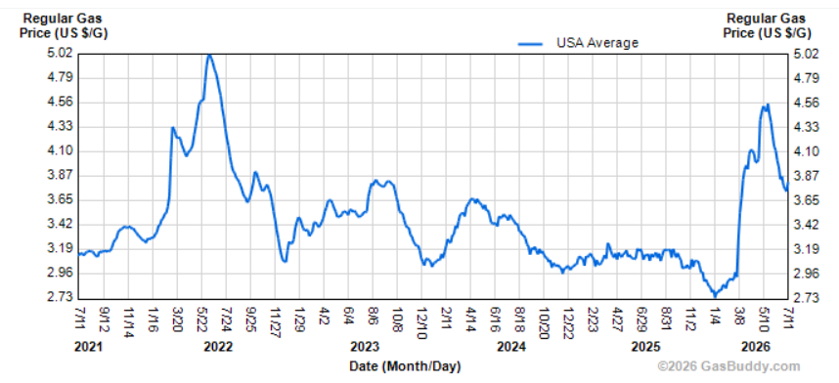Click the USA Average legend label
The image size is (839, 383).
[x=597, y=43]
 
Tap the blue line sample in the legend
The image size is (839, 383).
[x=530, y=44]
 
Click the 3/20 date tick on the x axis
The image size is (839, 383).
[x=177, y=317]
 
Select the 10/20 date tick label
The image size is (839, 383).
[x=543, y=319]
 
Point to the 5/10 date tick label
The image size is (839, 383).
[x=763, y=317]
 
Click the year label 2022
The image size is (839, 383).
[x=218, y=347]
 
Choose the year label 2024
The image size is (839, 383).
[x=511, y=347]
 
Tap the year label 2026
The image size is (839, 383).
[x=756, y=347]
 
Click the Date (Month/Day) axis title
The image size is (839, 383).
[x=405, y=366]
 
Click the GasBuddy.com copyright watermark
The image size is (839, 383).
[x=729, y=366]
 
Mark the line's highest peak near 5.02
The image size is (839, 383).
[x=209, y=55]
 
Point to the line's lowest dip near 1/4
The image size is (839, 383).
[x=715, y=295]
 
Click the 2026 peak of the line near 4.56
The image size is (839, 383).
[x=768, y=105]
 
